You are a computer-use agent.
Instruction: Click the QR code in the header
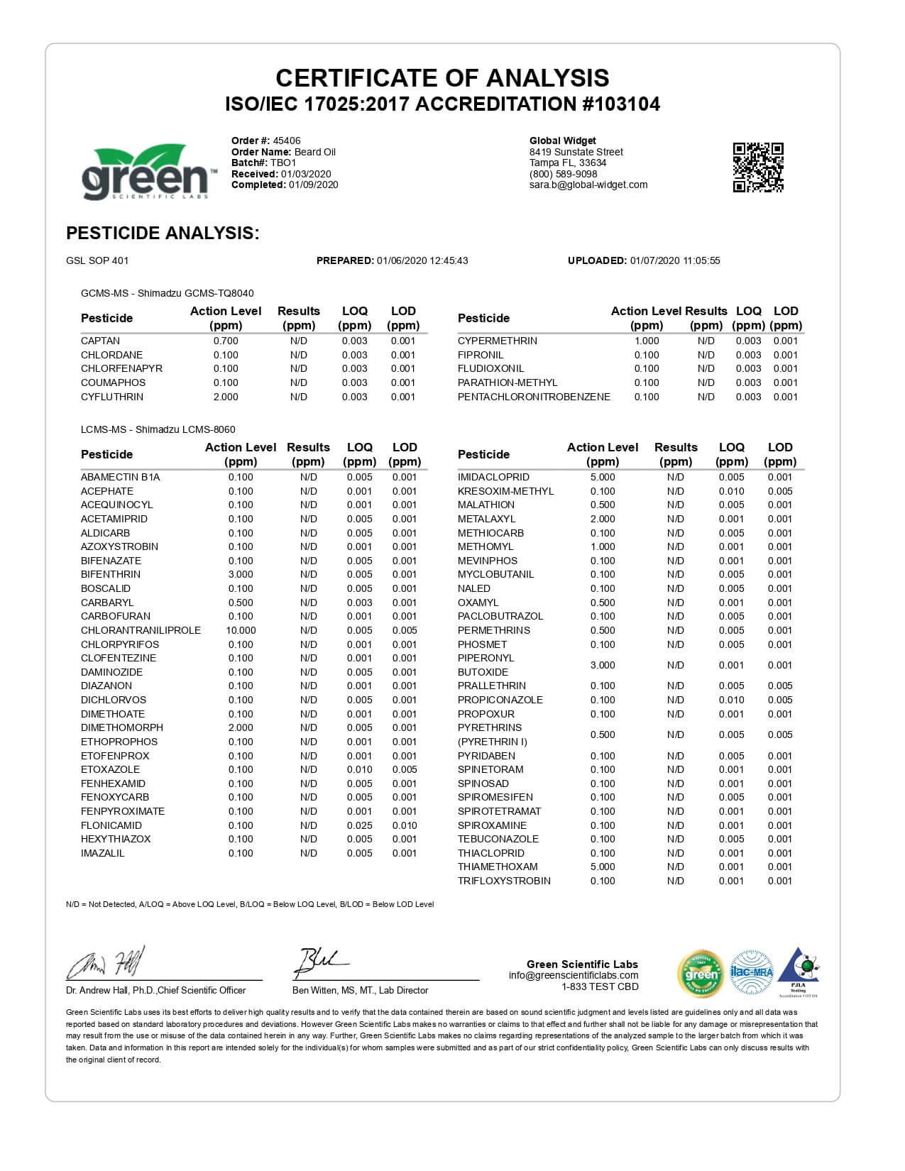757,167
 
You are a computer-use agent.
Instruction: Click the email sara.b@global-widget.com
588,185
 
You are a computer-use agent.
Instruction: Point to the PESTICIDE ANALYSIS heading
163,233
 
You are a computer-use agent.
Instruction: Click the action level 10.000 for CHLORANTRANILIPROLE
241,630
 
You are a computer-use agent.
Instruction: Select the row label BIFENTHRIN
111,574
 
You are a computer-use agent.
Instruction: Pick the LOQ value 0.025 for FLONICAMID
359,825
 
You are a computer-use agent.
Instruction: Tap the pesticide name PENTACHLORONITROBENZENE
534,397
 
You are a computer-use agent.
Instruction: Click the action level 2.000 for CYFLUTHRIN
226,397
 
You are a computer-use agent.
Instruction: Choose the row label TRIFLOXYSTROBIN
504,881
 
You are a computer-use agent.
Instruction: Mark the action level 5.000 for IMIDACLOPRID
603,477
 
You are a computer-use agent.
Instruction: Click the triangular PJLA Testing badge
799,971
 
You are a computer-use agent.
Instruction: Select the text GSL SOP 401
97,260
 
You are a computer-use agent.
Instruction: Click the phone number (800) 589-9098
564,174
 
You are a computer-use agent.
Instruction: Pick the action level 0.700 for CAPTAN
226,341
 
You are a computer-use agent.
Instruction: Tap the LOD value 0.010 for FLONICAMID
405,825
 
